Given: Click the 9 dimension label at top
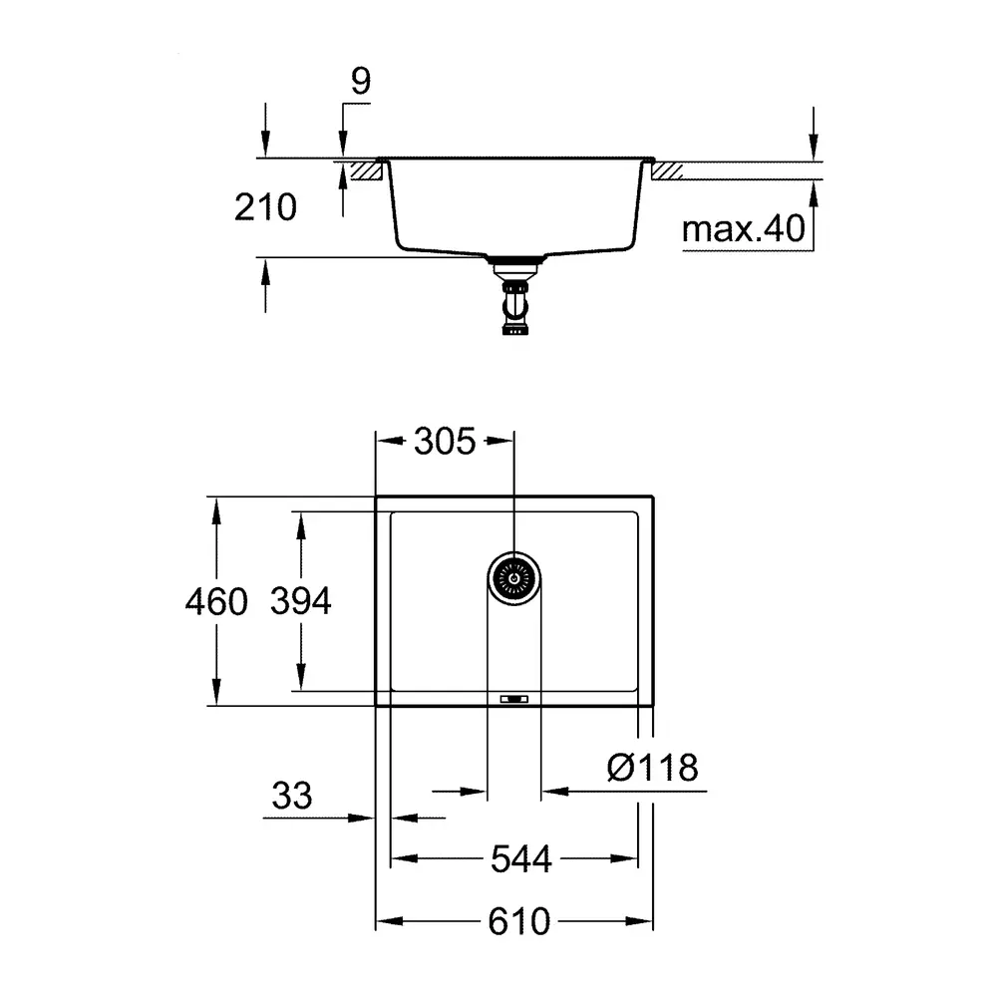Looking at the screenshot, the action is coord(361,81).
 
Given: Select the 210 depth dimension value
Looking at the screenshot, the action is coord(265,207).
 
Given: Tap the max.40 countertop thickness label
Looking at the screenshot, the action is coord(744,228).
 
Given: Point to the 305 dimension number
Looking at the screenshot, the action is coord(445,441).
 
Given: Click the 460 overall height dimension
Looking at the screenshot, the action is coord(216,601).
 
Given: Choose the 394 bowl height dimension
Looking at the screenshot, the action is coord(301,601).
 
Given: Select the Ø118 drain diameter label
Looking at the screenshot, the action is coord(652,768).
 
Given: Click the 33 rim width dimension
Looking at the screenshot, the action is coord(292,796).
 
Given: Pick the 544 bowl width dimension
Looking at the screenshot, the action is coord(520,859).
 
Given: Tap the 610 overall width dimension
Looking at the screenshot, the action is coord(518,921).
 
